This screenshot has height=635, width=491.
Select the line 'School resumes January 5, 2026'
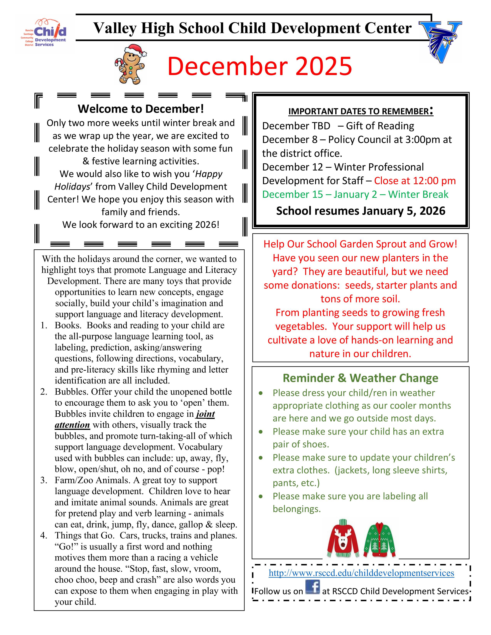(360, 211)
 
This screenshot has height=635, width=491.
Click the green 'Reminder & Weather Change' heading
(360, 378)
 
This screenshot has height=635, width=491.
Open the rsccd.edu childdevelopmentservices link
(361, 573)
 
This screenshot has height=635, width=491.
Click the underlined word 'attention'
(72, 425)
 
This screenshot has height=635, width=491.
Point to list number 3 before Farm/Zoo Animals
(44, 480)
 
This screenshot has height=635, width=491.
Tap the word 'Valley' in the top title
(115, 28)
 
